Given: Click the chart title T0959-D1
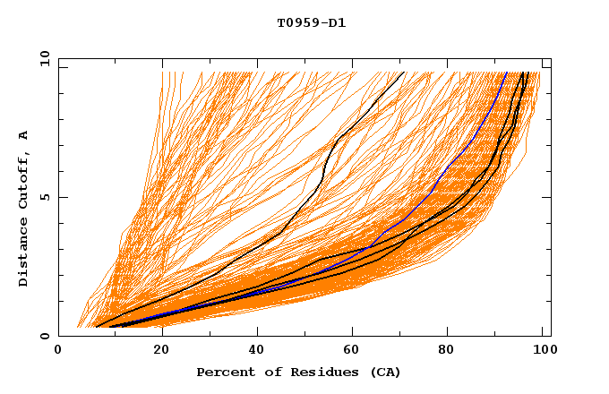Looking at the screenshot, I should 311,23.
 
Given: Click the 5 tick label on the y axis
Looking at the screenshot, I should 44,197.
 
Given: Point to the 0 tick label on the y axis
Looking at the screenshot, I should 44,337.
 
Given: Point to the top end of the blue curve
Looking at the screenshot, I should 506,73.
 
